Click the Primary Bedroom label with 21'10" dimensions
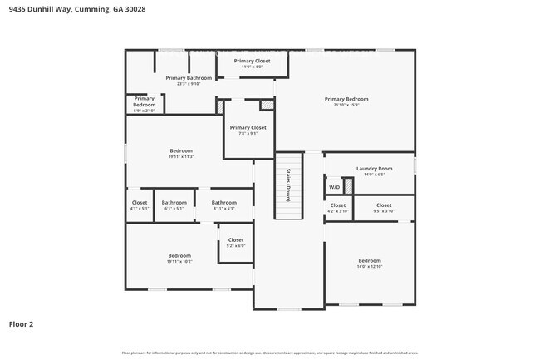346,101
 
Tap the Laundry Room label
373,171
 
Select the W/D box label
333,187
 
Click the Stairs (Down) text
287,180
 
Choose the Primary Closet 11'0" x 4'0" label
252,63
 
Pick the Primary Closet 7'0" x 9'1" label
248,131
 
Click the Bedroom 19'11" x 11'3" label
180,153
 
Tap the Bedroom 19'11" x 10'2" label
179,258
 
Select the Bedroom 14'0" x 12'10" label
370,263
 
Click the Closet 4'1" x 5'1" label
140,205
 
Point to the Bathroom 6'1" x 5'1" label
174,205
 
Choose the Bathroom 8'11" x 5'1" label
223,205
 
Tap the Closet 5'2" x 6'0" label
236,243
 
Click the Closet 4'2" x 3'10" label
337,207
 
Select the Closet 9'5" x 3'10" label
384,207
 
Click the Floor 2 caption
21,323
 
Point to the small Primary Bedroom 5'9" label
145,103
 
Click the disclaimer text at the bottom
269,353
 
